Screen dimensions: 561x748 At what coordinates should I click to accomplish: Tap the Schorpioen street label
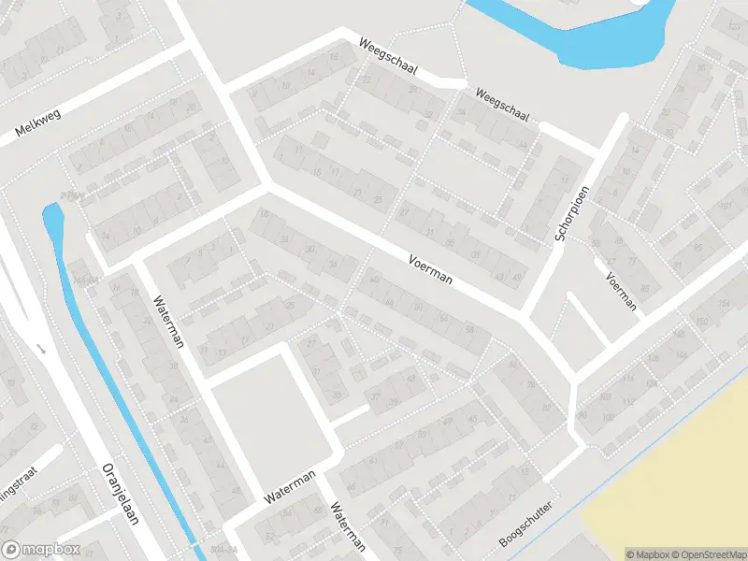click(x=572, y=213)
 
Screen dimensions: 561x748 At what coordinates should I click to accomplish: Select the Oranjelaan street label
click(x=120, y=494)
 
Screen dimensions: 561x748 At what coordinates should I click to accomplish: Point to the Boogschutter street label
click(x=526, y=525)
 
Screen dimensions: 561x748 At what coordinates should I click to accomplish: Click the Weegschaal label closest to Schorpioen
click(x=503, y=107)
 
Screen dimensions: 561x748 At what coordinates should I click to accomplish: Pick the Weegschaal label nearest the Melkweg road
click(x=388, y=58)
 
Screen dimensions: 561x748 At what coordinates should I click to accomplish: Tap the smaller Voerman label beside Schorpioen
click(x=621, y=291)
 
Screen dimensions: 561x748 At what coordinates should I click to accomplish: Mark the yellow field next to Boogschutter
click(x=673, y=486)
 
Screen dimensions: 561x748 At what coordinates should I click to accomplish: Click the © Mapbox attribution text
click(x=649, y=554)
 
